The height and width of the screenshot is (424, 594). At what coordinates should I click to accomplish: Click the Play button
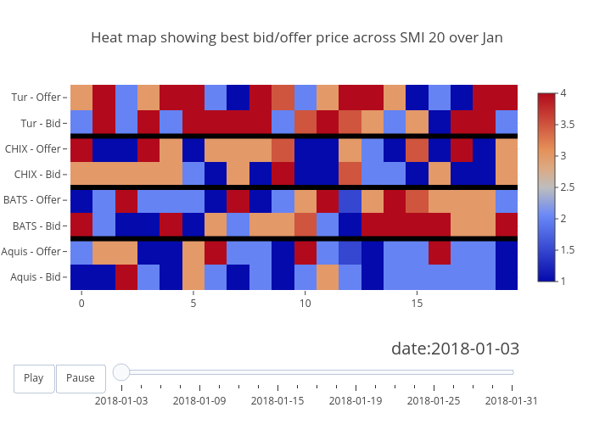[34, 378]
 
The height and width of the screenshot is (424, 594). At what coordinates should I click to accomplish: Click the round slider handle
[121, 371]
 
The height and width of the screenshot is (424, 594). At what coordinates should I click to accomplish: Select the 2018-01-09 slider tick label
[199, 400]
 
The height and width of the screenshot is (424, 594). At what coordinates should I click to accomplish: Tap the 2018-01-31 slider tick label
[513, 400]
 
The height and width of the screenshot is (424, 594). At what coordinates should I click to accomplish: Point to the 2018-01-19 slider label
[356, 400]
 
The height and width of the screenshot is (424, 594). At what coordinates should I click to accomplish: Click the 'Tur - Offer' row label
[36, 98]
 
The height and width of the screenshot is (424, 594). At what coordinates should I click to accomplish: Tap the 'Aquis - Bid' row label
[36, 276]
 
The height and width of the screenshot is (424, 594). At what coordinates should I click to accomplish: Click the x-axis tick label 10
[305, 303]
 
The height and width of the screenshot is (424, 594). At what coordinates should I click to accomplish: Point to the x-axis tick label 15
[417, 303]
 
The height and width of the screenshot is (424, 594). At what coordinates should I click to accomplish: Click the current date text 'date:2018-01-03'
[455, 349]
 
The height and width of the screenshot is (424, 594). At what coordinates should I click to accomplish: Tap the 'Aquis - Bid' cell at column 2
[126, 276]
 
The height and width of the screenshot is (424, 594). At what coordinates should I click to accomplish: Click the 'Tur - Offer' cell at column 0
[81, 98]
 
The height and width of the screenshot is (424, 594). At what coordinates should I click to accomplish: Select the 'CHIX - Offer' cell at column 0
[81, 149]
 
